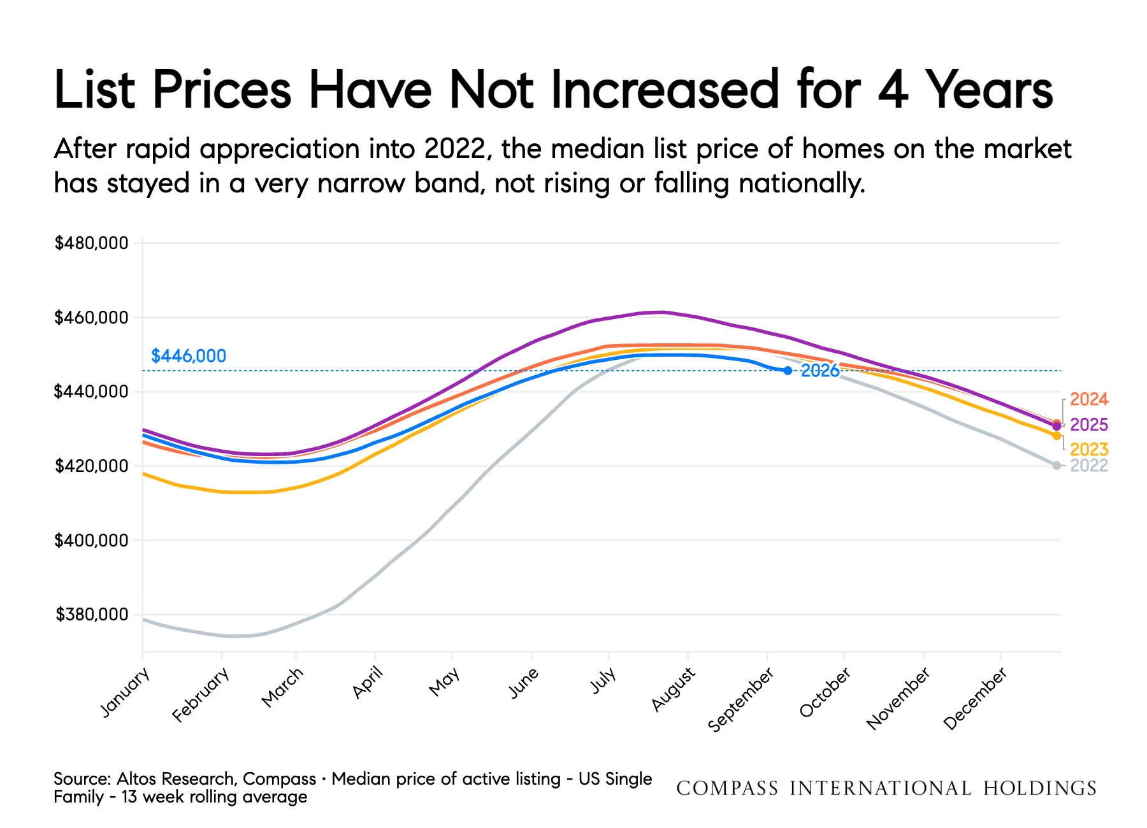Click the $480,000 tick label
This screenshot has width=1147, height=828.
tap(92, 243)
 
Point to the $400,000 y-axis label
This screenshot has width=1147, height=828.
tap(92, 541)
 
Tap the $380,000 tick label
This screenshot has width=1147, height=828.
tap(92, 615)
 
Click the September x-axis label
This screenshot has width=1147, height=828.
tap(741, 699)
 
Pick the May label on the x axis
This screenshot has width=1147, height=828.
tap(444, 682)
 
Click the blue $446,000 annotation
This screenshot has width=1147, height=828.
tap(189, 356)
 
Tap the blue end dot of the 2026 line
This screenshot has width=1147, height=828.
tap(788, 371)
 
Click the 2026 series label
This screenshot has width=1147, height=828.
tap(820, 371)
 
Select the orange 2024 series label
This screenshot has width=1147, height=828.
tap(1089, 399)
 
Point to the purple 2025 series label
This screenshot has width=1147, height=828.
tap(1089, 425)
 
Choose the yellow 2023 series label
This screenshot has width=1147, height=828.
tap(1089, 450)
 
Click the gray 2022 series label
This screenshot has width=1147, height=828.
tap(1089, 466)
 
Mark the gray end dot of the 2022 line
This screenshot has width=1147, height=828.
tap(1057, 466)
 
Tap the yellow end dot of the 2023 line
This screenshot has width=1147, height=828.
tap(1057, 436)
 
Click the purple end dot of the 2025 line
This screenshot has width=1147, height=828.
tap(1057, 426)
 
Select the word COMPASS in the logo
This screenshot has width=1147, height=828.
tap(727, 789)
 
